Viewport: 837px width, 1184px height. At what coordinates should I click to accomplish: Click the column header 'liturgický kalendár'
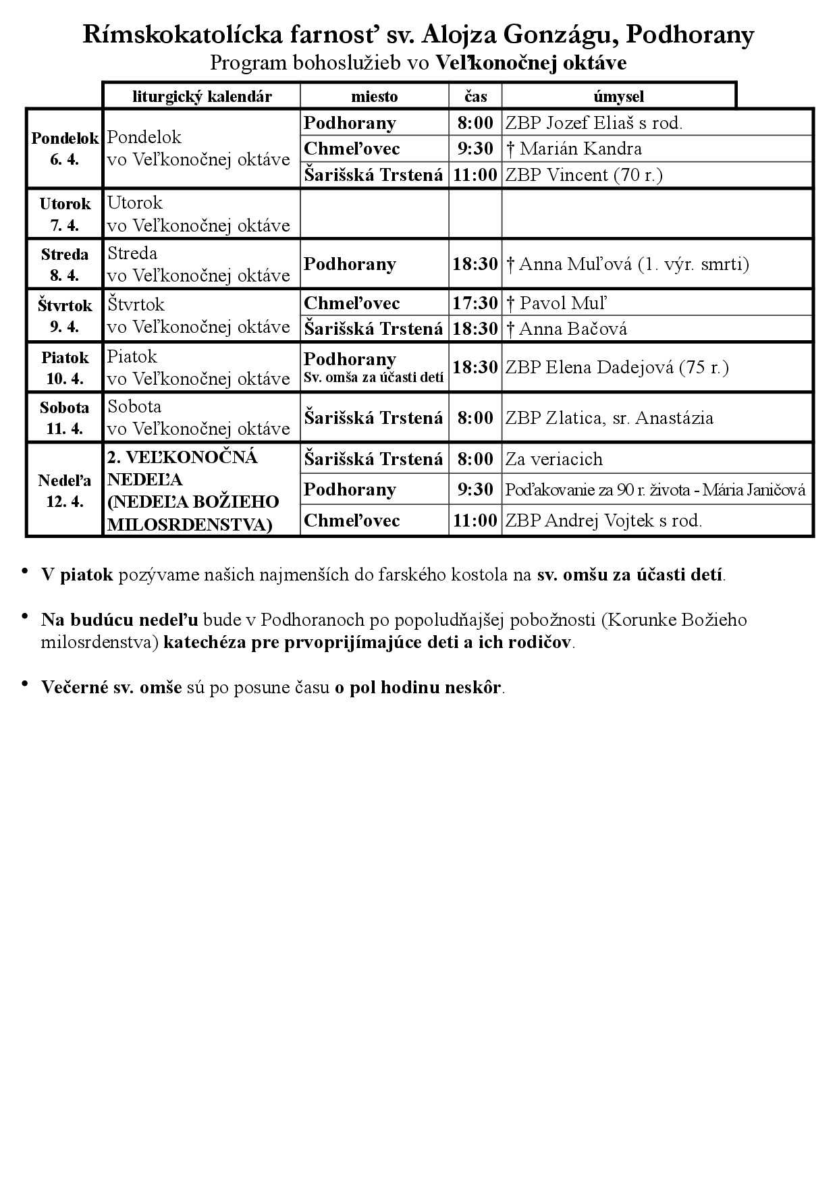(x=202, y=97)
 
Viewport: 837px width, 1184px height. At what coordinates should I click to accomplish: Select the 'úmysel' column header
(x=618, y=97)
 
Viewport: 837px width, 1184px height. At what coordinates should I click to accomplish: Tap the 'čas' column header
(x=475, y=97)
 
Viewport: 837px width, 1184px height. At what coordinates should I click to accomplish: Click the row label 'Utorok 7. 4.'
(x=65, y=214)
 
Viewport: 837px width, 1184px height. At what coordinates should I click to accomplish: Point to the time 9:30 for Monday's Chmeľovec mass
(x=475, y=149)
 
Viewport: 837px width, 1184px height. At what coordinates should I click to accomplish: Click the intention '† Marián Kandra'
(x=574, y=149)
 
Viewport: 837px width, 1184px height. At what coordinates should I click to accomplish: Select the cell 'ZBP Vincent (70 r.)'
(x=584, y=175)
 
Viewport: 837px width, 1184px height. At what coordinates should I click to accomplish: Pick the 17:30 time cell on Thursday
(x=475, y=303)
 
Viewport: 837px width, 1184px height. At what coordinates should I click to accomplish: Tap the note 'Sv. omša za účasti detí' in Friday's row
(x=374, y=379)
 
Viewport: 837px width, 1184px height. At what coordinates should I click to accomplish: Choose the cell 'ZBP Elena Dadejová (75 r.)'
(x=617, y=368)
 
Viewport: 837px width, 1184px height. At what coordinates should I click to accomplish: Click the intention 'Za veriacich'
(x=554, y=459)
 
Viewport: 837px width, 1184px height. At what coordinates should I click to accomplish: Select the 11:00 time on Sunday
(x=475, y=520)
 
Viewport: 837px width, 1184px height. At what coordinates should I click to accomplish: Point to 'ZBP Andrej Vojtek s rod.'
(x=603, y=520)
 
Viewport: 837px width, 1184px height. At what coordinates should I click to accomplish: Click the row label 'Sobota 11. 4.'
(x=65, y=418)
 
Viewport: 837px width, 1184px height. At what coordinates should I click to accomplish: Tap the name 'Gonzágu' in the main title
(x=559, y=35)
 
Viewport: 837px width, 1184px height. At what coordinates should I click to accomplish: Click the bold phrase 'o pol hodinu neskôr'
(x=418, y=687)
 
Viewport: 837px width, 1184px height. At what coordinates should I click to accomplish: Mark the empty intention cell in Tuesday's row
(x=657, y=213)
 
